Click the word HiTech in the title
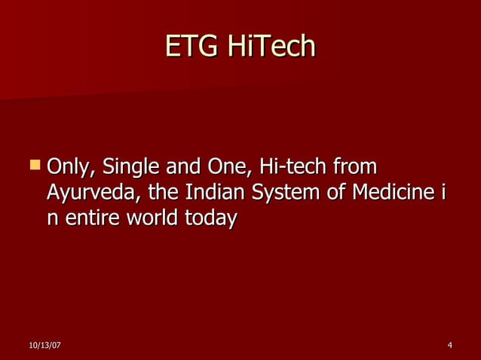(267, 47)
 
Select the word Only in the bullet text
(71, 166)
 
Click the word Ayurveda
(93, 193)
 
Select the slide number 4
(449, 345)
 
